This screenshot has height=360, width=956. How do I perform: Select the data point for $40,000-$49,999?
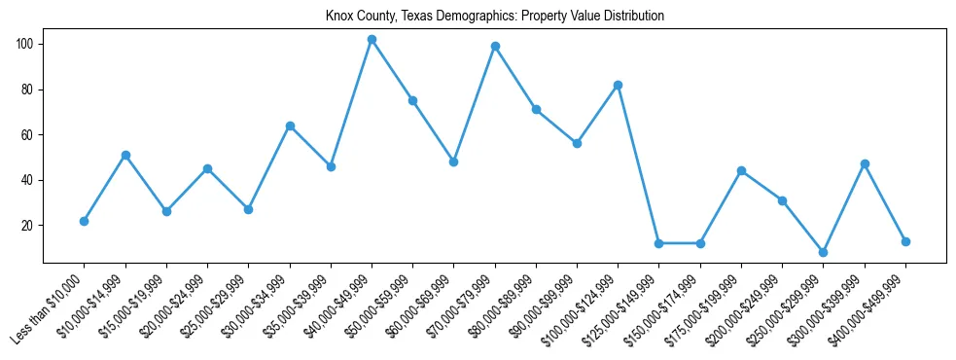[x=372, y=40]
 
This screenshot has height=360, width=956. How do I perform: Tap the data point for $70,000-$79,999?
[x=495, y=46]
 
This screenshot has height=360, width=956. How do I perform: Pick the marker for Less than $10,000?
[x=85, y=221]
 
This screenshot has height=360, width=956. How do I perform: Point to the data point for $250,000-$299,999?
[x=823, y=252]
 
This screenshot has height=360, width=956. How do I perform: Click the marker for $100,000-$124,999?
[x=618, y=86]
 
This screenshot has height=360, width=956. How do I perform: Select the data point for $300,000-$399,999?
[x=865, y=163]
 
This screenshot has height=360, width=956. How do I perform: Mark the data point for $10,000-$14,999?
[x=125, y=155]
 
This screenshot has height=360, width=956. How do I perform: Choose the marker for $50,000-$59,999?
[x=412, y=100]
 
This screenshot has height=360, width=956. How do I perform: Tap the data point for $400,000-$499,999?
[x=905, y=241]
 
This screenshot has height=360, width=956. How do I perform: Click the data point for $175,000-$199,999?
[x=741, y=170]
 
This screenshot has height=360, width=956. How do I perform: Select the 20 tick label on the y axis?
[x=29, y=226]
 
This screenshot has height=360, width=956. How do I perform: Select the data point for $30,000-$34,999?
[x=290, y=126]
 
